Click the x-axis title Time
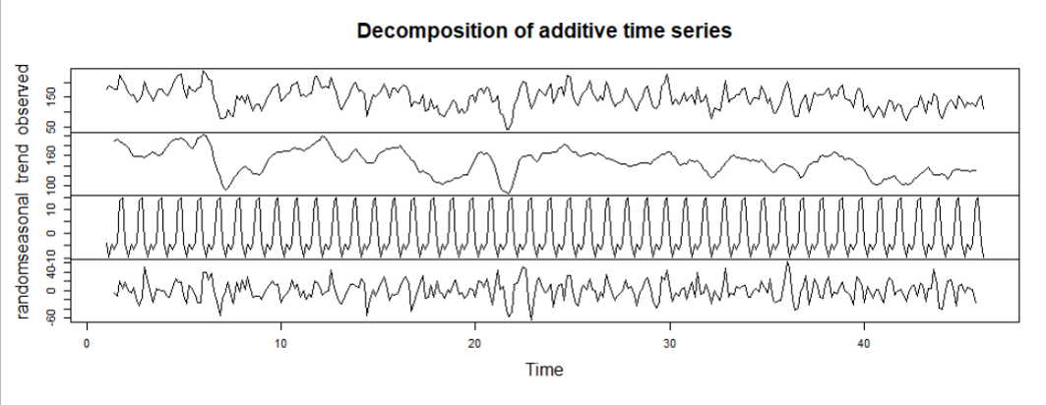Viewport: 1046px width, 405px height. [544, 370]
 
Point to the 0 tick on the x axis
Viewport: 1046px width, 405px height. [87, 344]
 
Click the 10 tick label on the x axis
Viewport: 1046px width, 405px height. [280, 344]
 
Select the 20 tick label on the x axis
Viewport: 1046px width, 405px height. [474, 344]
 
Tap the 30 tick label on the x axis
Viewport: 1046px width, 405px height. [669, 344]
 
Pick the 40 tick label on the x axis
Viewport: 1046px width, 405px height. [863, 344]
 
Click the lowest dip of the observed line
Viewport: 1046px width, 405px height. [508, 129]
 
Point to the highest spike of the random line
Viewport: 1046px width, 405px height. [787, 263]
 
